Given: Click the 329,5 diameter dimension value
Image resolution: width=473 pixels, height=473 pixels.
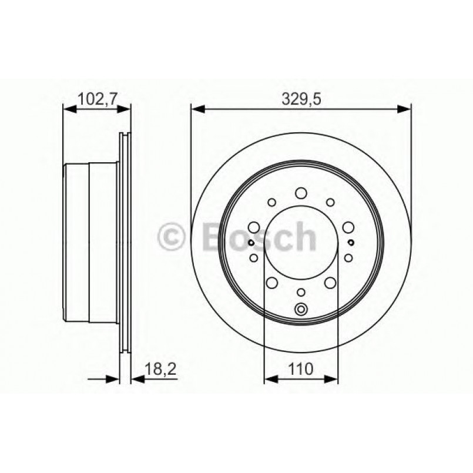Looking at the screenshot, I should tap(300, 99).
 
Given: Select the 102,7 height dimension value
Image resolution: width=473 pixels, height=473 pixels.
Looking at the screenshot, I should tap(96, 99).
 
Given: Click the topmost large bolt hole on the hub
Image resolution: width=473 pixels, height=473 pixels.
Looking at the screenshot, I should tap(301, 193).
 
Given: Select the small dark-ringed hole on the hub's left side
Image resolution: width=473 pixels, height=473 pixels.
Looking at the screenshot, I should tap(251, 243).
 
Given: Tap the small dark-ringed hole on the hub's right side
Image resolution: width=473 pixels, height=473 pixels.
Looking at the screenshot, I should tap(351, 243).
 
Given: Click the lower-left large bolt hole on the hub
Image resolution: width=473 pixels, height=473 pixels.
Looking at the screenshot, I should tap(272, 283).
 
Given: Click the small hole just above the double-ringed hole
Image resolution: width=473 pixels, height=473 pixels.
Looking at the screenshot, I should tap(301, 292).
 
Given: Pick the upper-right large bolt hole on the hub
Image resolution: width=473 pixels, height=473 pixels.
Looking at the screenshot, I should tap(348, 227).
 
